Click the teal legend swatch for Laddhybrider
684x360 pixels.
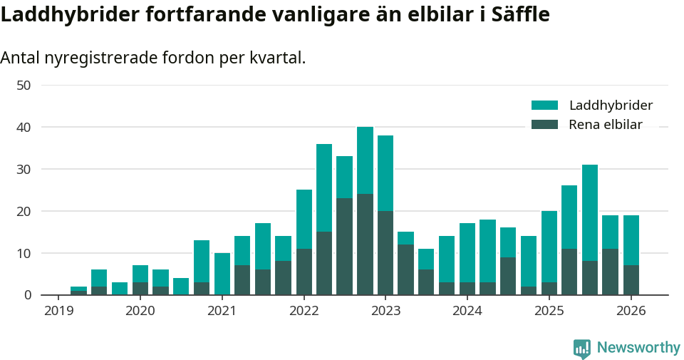point(544,106)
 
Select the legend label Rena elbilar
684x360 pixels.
point(605,125)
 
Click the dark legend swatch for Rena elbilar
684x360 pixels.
point(544,125)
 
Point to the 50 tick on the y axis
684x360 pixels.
point(24,86)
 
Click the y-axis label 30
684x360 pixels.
point(24,170)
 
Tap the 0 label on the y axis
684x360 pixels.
point(27,295)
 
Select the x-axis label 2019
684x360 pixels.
point(58,311)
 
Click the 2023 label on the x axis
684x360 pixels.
point(385,311)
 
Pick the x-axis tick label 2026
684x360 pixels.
point(631,311)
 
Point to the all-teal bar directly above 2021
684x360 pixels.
point(222,274)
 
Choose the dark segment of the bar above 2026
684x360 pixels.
point(631,280)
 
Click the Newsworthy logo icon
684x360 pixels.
point(582,349)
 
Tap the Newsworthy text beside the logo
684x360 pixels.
point(638,348)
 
